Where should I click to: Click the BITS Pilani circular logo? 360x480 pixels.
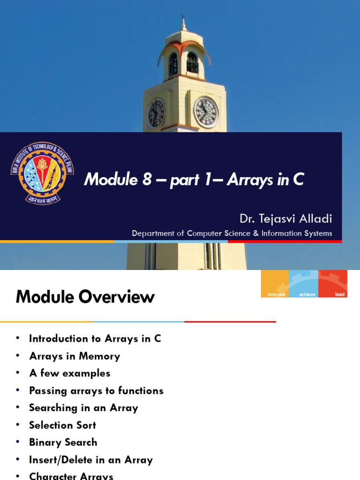(x=42, y=172)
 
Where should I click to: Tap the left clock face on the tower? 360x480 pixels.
(x=156, y=113)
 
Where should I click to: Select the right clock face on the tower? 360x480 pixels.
(x=206, y=112)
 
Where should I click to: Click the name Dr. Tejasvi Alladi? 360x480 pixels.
(x=285, y=218)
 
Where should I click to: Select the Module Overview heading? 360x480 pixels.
(x=85, y=297)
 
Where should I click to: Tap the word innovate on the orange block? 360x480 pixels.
(x=277, y=294)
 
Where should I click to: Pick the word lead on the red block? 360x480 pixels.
(x=340, y=294)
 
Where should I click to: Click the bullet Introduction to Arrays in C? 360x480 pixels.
(x=95, y=338)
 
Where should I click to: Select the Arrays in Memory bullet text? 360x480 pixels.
(x=75, y=356)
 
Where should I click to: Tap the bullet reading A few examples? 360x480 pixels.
(x=70, y=373)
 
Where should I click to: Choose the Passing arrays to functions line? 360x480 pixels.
(x=96, y=390)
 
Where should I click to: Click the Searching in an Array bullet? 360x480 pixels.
(x=83, y=408)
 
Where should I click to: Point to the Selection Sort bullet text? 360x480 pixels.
(x=62, y=425)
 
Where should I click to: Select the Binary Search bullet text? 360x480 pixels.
(x=63, y=442)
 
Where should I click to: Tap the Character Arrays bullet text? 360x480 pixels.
(x=71, y=476)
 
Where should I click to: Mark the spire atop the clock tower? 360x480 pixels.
(x=183, y=23)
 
